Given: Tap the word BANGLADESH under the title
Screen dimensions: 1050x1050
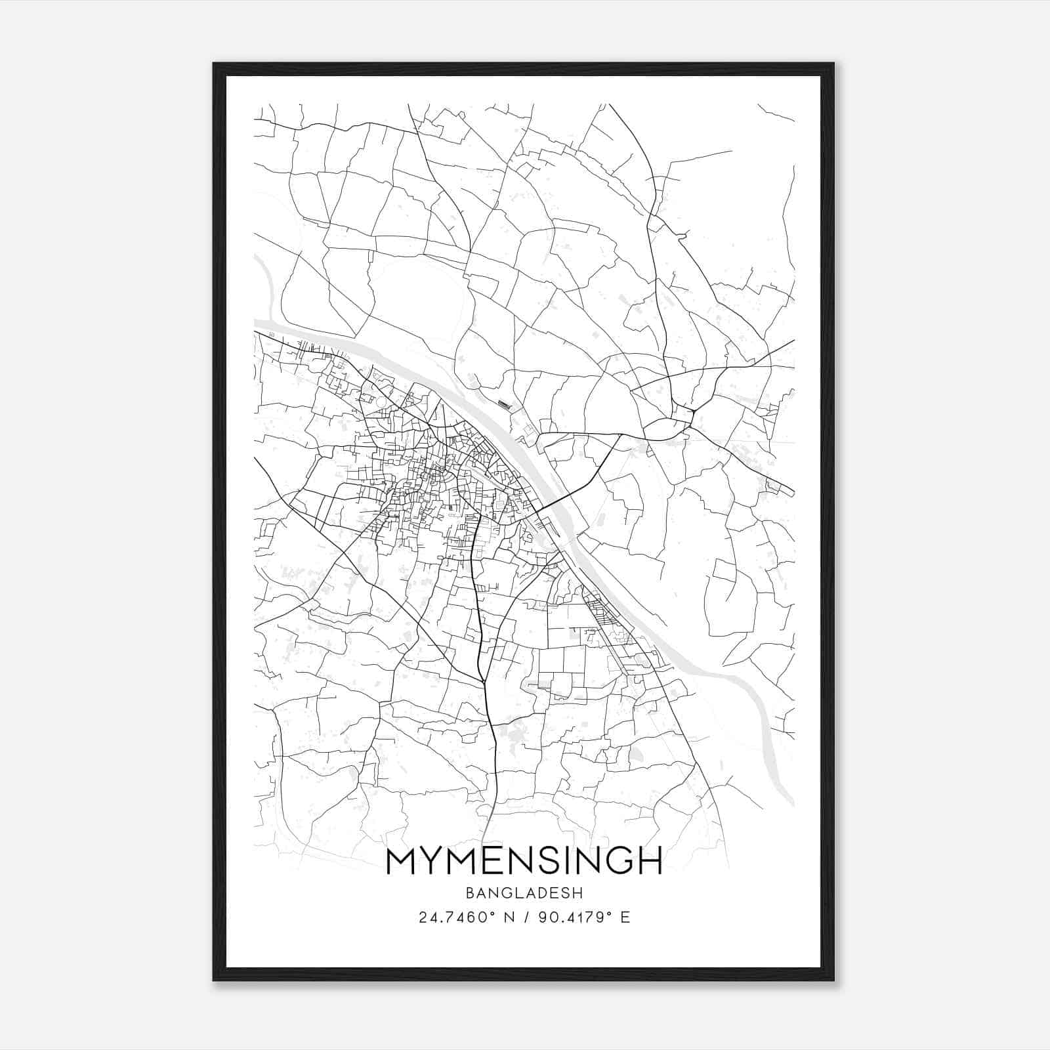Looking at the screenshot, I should (x=524, y=893).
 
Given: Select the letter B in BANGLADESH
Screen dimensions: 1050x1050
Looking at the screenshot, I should (x=469, y=893).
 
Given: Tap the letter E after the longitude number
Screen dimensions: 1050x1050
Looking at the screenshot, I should (x=625, y=917).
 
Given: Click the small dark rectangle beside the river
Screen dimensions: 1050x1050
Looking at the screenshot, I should (x=503, y=404).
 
